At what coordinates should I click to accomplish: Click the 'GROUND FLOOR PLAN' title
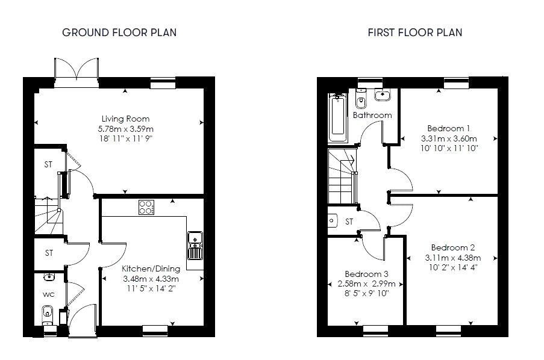coord(119,33)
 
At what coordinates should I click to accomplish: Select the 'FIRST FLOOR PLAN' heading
coord(415,33)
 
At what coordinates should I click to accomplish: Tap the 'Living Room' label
coord(125,119)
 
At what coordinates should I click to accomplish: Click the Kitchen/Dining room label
coord(150,268)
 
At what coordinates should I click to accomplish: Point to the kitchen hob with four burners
coord(146,207)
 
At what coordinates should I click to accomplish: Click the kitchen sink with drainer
coord(195,244)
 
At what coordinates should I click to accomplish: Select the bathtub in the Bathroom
coord(337,117)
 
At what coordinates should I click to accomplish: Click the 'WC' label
coord(48,295)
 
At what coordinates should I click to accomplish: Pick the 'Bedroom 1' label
coord(448,128)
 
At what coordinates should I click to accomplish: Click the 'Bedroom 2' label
coord(453,247)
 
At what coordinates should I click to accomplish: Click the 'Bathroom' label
coord(372,115)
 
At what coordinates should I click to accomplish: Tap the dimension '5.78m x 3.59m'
coord(125,129)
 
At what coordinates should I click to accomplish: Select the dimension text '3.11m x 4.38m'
coord(453,258)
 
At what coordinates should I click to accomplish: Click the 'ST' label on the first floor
coord(349,222)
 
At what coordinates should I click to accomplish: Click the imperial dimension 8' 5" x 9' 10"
coord(366,294)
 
